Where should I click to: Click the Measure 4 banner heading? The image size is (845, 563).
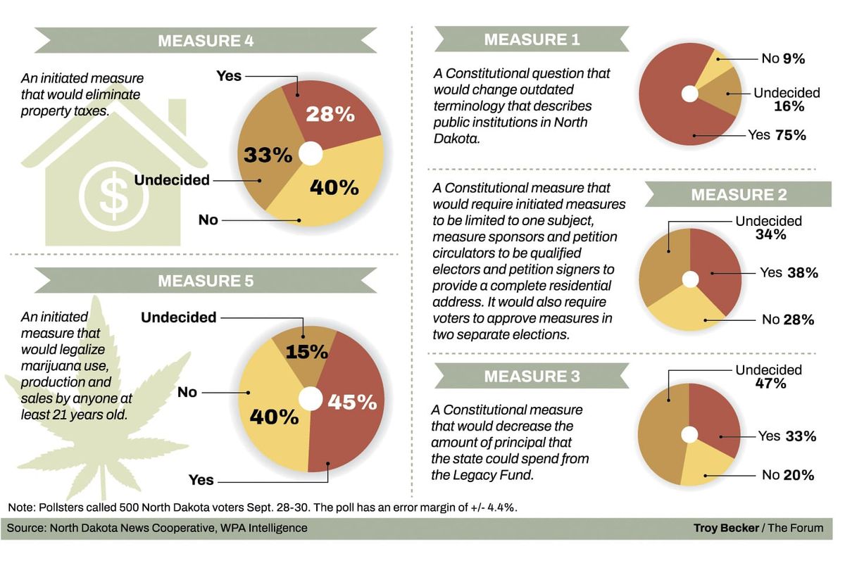tap(206, 40)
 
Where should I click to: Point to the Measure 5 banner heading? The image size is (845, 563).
tap(206, 281)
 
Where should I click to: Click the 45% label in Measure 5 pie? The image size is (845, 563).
tap(352, 402)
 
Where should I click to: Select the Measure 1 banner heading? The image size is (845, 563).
tap(532, 39)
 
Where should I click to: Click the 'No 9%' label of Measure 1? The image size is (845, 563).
tap(783, 58)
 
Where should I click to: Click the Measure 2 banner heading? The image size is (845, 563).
tap(739, 194)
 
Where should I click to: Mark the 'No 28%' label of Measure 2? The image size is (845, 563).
tap(788, 320)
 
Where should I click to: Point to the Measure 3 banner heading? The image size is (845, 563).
tap(532, 376)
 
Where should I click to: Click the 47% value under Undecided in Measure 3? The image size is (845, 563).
tap(770, 384)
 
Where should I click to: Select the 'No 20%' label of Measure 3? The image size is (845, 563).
tap(788, 475)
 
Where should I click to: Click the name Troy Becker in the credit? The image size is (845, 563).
tap(725, 528)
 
